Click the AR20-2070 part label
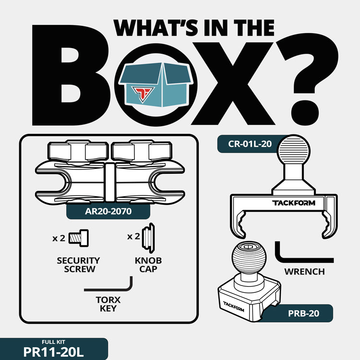click(108, 211)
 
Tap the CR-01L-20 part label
click(250, 144)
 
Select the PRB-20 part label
click(303, 313)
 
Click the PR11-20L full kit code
click(53, 352)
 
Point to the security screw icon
click(79, 238)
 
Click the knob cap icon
click(148, 238)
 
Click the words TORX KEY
click(108, 304)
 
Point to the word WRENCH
click(304, 272)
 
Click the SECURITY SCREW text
click(79, 264)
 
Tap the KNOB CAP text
click(148, 264)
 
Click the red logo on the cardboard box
click(143, 94)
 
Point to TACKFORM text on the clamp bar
click(294, 203)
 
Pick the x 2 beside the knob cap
click(133, 236)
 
